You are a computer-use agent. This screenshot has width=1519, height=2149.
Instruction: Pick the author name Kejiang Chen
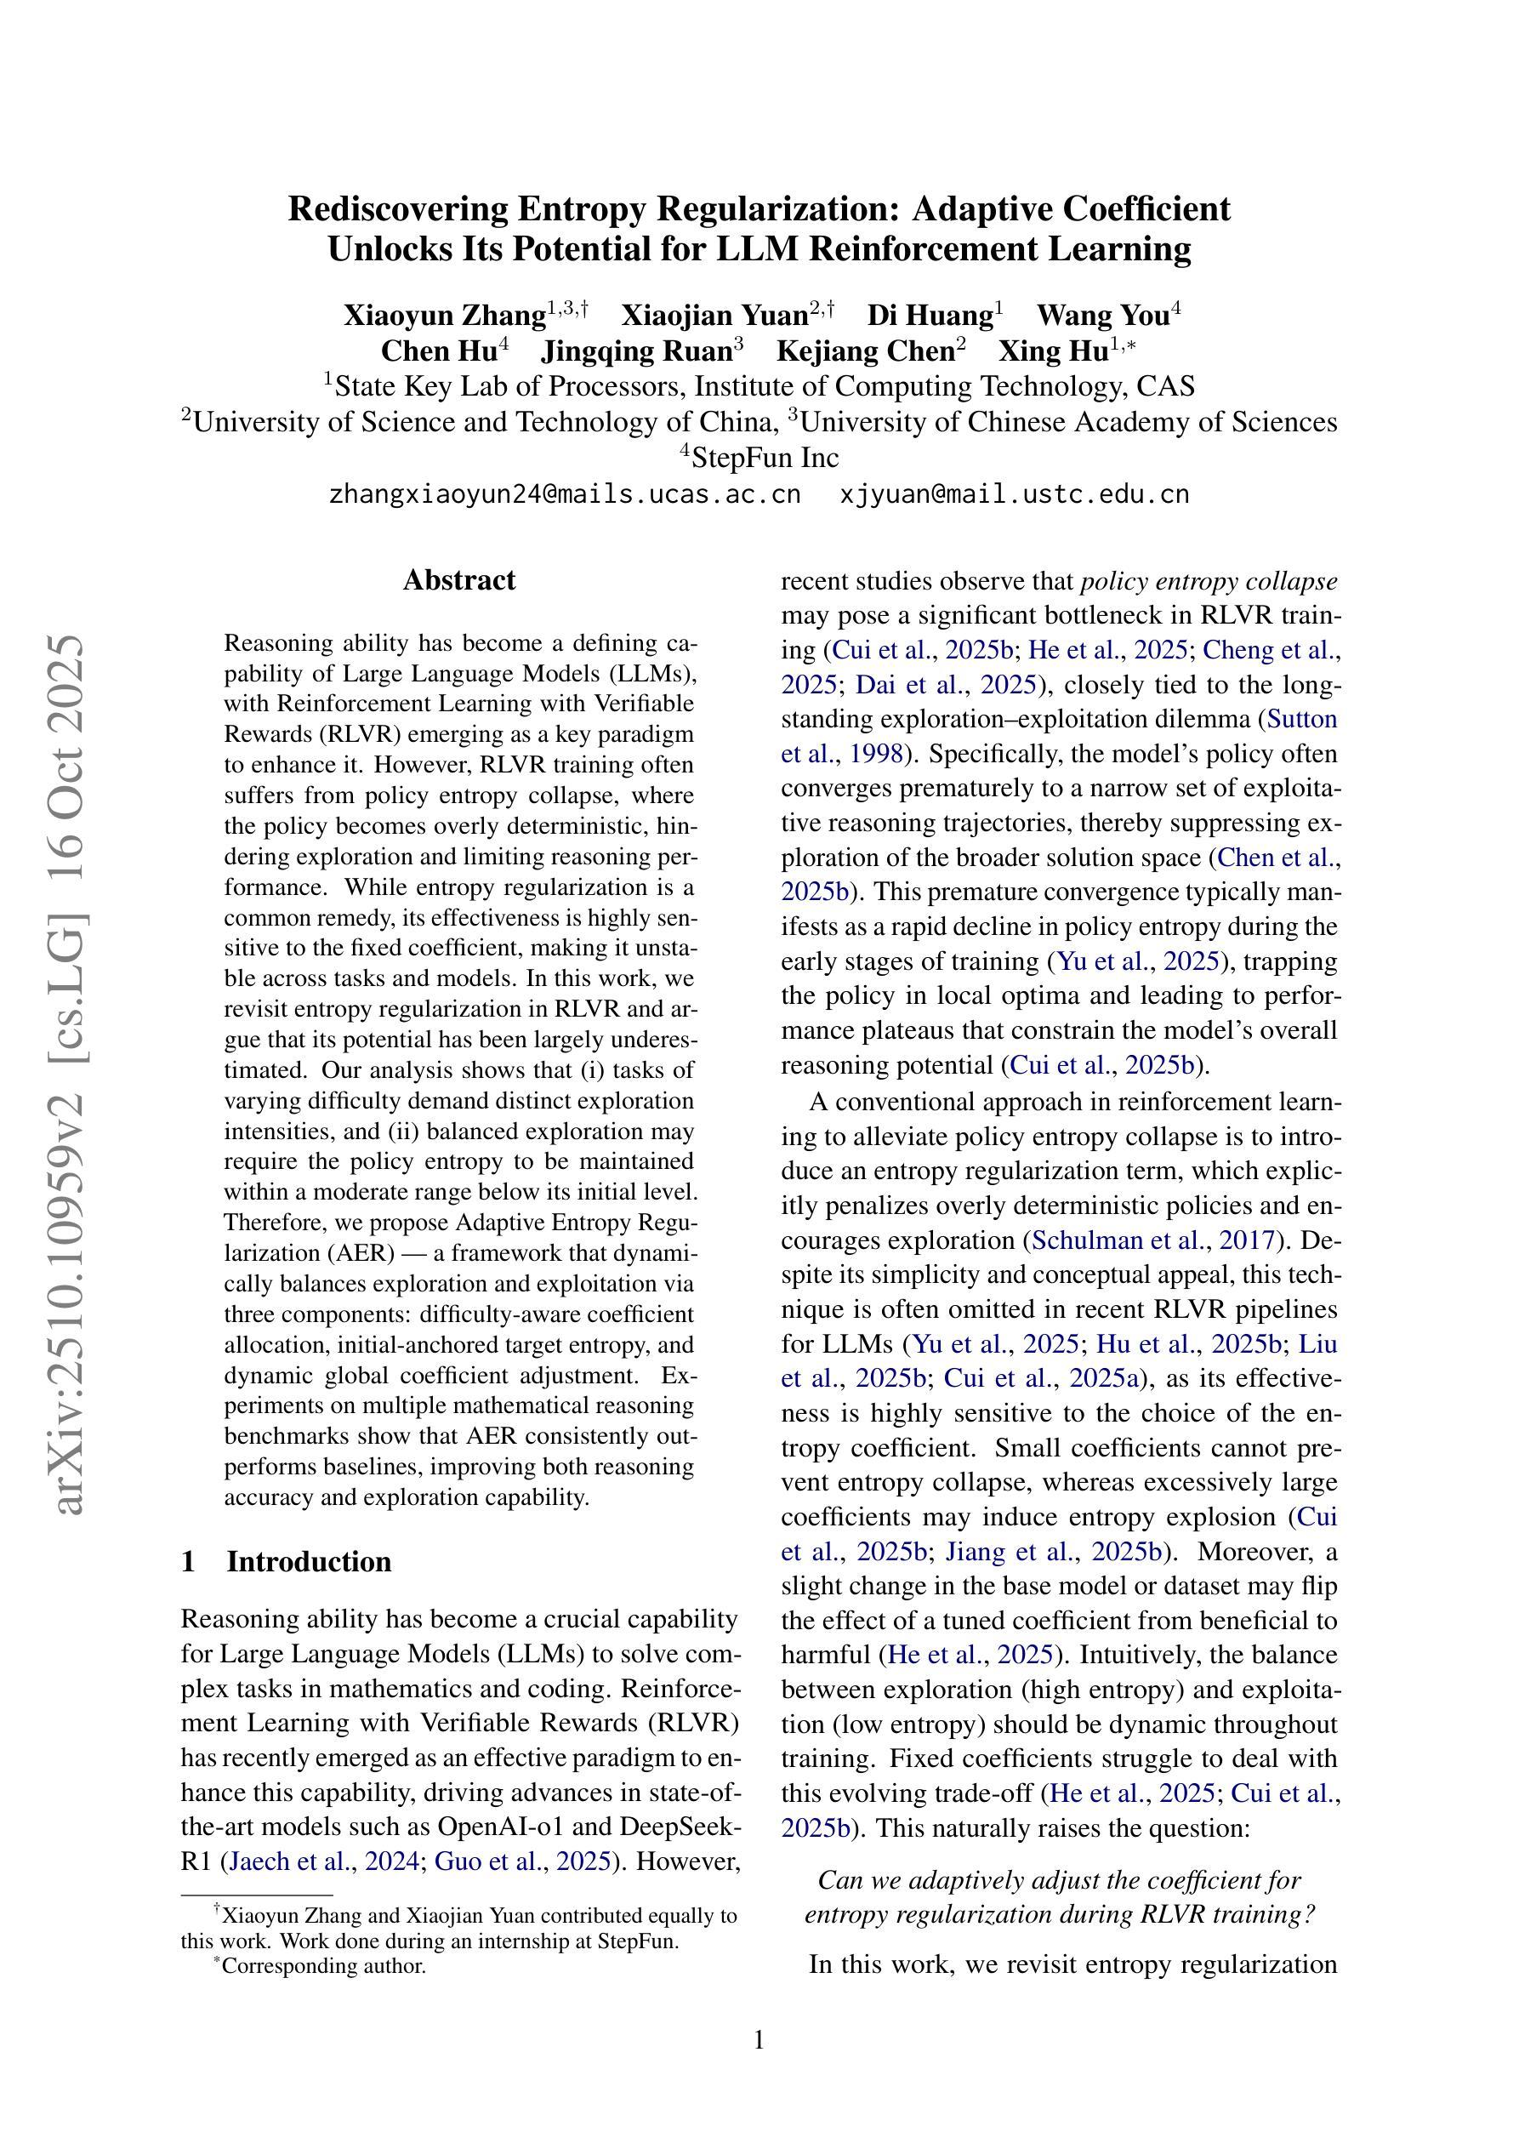[865, 351]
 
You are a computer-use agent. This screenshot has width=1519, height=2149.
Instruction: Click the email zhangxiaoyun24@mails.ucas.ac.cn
[565, 494]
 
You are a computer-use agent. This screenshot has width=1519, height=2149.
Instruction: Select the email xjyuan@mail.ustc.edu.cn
[1014, 494]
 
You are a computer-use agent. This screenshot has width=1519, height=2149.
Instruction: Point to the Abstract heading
[458, 580]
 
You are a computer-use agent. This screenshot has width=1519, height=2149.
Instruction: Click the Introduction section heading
[308, 1561]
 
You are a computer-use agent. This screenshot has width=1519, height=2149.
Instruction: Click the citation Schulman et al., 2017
[1153, 1240]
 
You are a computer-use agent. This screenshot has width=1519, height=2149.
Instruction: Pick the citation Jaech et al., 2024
[324, 1861]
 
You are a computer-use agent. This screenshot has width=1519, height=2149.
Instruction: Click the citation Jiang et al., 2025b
[1053, 1552]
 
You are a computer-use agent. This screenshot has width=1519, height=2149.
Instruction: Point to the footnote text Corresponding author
[323, 1965]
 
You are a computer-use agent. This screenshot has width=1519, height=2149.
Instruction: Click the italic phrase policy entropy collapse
[1209, 581]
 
